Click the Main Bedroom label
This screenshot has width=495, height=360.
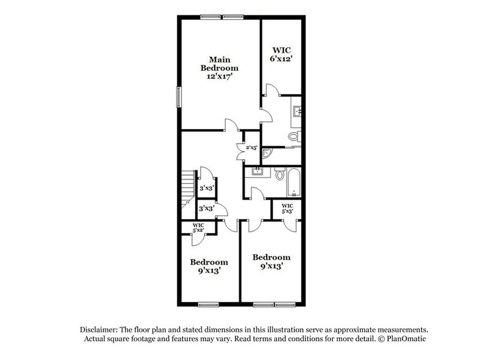pyautogui.click(x=220, y=64)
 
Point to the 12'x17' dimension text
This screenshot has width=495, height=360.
pyautogui.click(x=220, y=77)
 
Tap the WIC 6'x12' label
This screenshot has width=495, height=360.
pyautogui.click(x=281, y=54)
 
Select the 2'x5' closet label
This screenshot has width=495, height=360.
pyautogui.click(x=252, y=148)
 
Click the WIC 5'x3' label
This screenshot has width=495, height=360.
pyautogui.click(x=288, y=208)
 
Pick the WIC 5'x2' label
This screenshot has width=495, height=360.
pyautogui.click(x=198, y=228)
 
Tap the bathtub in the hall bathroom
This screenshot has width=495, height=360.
pyautogui.click(x=294, y=182)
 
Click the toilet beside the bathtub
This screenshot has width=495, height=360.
pyautogui.click(x=280, y=174)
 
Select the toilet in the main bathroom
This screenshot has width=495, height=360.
pyautogui.click(x=294, y=137)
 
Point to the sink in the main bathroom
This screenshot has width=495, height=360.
pyautogui.click(x=297, y=111)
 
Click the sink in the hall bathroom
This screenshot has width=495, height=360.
pyautogui.click(x=257, y=171)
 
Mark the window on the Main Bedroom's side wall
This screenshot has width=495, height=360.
pyautogui.click(x=179, y=97)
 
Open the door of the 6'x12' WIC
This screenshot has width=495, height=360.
pyautogui.click(x=272, y=89)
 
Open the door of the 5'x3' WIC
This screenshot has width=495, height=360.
pyautogui.click(x=290, y=227)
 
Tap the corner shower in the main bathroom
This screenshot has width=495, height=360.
pyautogui.click(x=267, y=154)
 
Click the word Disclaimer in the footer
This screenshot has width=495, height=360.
pyautogui.click(x=99, y=330)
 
